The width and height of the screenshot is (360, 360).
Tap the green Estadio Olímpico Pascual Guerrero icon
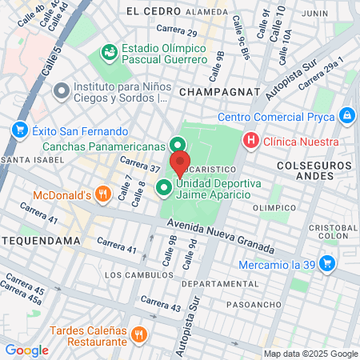pyautogui.click(x=107, y=53)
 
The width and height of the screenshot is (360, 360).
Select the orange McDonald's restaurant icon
pyautogui.click(x=102, y=194)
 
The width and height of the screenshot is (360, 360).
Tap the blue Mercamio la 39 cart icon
pyautogui.click(x=326, y=262)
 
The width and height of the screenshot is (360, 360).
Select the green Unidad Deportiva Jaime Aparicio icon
pyautogui.click(x=164, y=188)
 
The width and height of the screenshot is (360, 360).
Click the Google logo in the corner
pyautogui.click(x=26, y=350)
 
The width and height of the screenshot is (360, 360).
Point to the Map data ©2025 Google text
pyautogui.click(x=311, y=354)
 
